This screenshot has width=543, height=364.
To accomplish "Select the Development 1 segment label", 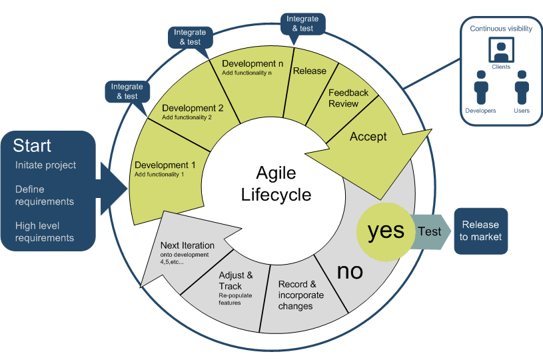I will tap(165, 165).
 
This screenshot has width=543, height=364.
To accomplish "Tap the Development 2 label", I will tap(193, 107).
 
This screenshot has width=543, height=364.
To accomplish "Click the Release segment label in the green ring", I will tap(309, 71).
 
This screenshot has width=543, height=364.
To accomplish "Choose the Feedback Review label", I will tap(348, 98).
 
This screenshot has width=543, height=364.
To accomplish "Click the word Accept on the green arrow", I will tap(368, 137).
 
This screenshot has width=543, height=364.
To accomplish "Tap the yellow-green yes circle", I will tap(386, 230).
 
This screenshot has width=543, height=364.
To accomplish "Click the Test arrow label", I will tap(429, 231).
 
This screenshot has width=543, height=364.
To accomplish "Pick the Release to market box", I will tap(482, 231).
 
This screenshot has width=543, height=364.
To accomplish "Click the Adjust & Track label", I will tap(236, 280).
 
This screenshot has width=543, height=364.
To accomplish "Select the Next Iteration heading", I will tap(188, 245).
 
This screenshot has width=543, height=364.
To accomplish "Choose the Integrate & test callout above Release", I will tap(302, 23).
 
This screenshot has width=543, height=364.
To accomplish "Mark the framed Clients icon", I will tap(500, 50).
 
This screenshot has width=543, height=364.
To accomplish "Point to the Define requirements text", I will tap(45, 195).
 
